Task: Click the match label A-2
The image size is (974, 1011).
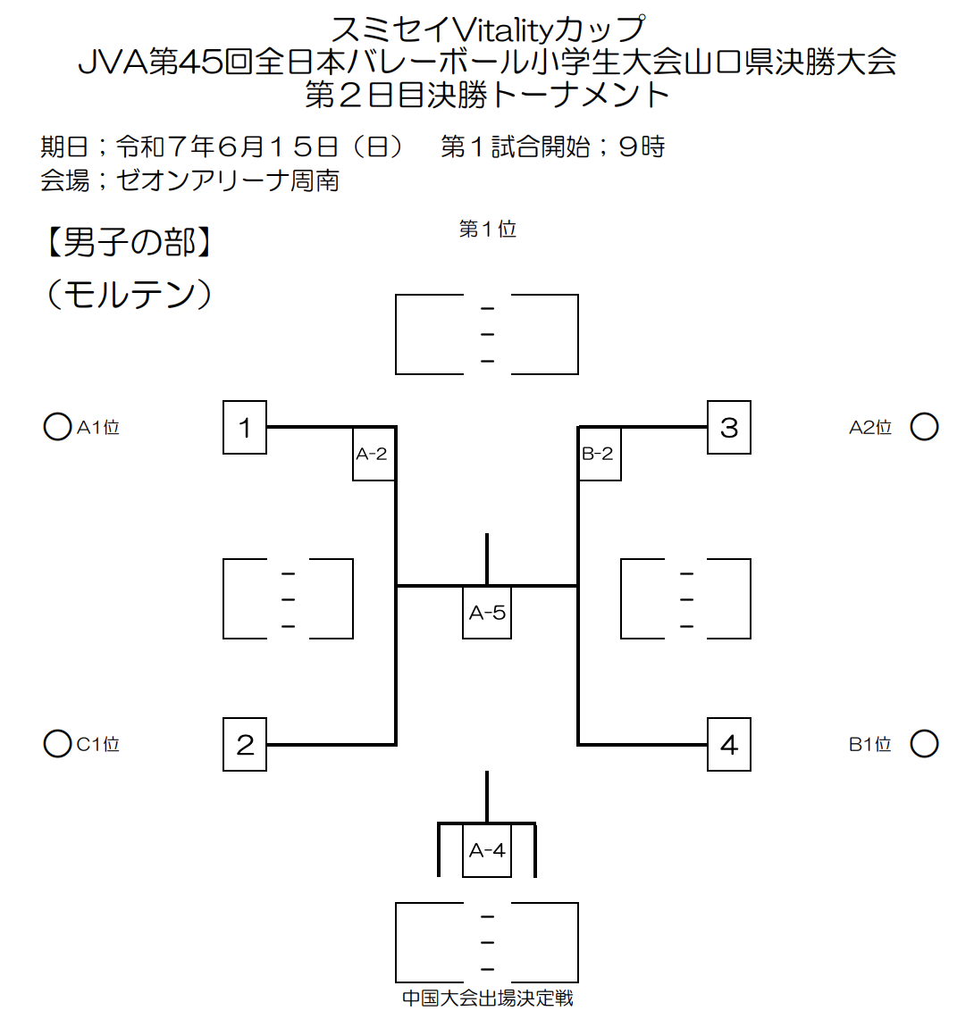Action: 374,454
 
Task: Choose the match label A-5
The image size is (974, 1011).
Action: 487,613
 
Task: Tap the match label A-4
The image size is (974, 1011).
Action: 487,850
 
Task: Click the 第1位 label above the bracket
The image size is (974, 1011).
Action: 488,229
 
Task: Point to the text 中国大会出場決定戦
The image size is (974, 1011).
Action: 488,998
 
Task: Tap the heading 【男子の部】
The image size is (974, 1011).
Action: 129,243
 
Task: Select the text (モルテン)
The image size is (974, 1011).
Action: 129,295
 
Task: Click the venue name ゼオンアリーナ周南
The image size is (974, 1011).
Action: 228,180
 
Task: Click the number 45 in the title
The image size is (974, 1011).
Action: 201,62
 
